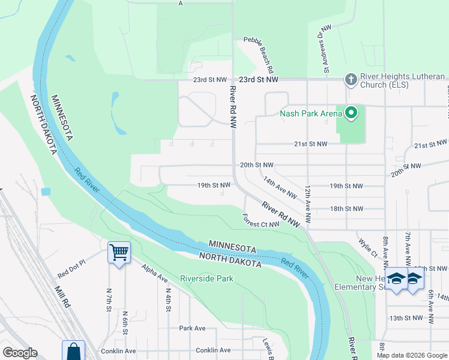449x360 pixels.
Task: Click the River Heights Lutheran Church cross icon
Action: (351, 79)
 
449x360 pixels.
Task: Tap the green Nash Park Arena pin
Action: (351, 112)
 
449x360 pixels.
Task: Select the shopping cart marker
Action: (119, 253)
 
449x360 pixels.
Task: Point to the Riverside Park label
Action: (206, 279)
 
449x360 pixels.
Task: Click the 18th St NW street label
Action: (346, 209)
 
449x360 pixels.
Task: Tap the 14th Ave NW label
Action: (280, 187)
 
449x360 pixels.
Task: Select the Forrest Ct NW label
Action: (261, 221)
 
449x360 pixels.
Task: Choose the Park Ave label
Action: (192, 328)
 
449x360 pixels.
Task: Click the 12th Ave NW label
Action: (307, 205)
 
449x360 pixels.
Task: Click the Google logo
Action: (20, 353)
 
